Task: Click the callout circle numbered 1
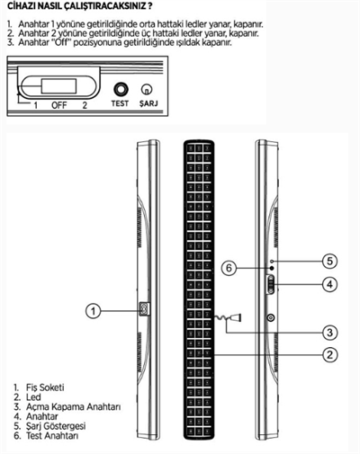tap(94, 311)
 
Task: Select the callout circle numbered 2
tap(329, 355)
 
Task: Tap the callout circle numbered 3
tap(329, 333)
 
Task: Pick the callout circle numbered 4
tap(329, 284)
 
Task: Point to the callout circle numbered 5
tap(329, 261)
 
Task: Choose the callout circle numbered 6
tap(229, 268)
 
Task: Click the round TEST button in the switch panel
tap(121, 90)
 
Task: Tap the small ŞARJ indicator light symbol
tap(147, 89)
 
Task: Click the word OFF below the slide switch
tap(59, 105)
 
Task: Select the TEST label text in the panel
tap(120, 103)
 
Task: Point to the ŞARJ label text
tap(148, 103)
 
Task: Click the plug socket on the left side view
tap(145, 309)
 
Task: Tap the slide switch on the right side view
tap(271, 285)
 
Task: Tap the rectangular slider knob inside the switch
tap(58, 85)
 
